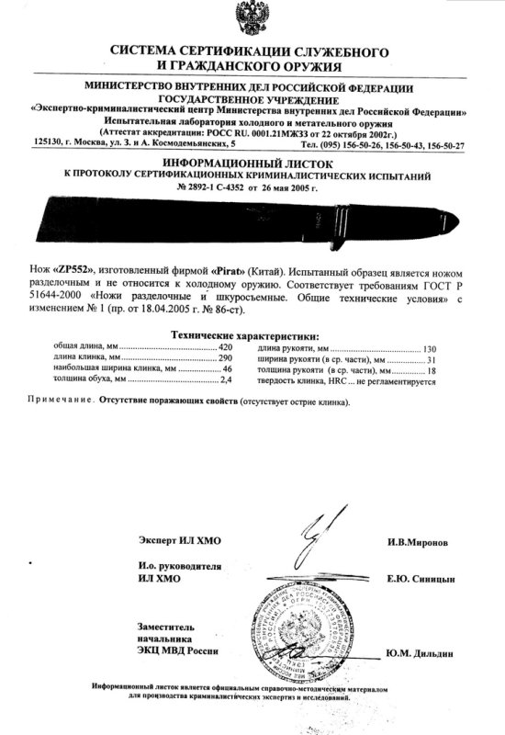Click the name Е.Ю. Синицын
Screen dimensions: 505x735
[419, 582]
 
